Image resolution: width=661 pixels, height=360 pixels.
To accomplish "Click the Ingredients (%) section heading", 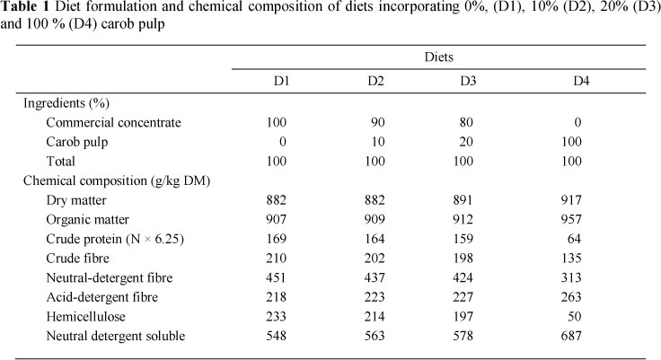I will coord(66,102).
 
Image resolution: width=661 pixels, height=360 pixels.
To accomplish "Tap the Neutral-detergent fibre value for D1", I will coord(281,278).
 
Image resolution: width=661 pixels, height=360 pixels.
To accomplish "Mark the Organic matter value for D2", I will coord(376,220).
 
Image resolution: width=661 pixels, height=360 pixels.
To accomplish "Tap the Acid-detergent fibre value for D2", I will coord(376,298).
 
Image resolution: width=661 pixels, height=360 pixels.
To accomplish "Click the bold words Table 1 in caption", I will coord(29,11).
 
